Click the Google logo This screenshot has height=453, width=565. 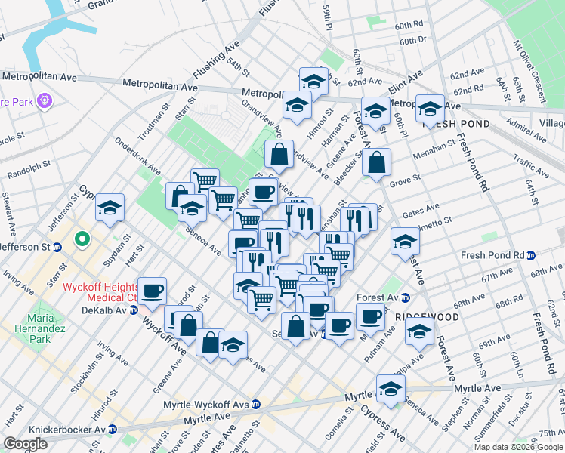click(26, 444)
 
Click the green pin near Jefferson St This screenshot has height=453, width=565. click(82, 241)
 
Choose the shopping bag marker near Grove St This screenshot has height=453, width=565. click(376, 161)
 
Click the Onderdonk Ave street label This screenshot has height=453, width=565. click(138, 156)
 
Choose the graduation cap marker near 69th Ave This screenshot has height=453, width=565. click(419, 330)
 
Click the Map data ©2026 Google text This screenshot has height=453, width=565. click(519, 446)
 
